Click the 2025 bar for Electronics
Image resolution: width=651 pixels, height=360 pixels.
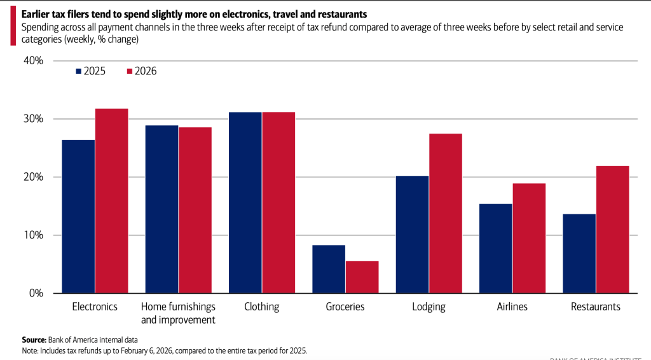point(78,216)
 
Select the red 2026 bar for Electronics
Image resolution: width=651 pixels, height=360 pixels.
point(111,200)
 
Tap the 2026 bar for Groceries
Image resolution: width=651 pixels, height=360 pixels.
point(362,277)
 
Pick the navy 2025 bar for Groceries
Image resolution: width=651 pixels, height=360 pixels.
point(329,269)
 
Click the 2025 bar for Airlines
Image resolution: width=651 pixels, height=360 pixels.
point(496,248)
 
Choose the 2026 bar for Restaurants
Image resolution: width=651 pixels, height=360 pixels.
point(612,229)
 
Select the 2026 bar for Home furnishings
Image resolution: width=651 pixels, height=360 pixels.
point(195,210)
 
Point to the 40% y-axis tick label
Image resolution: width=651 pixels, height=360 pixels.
point(32,61)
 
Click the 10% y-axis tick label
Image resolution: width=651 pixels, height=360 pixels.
point(32,235)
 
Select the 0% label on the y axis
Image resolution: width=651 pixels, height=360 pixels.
point(35,293)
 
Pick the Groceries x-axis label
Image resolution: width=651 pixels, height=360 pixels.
point(345,307)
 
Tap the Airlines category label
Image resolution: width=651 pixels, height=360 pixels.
point(512,307)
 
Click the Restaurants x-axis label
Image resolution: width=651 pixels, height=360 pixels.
point(596,307)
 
